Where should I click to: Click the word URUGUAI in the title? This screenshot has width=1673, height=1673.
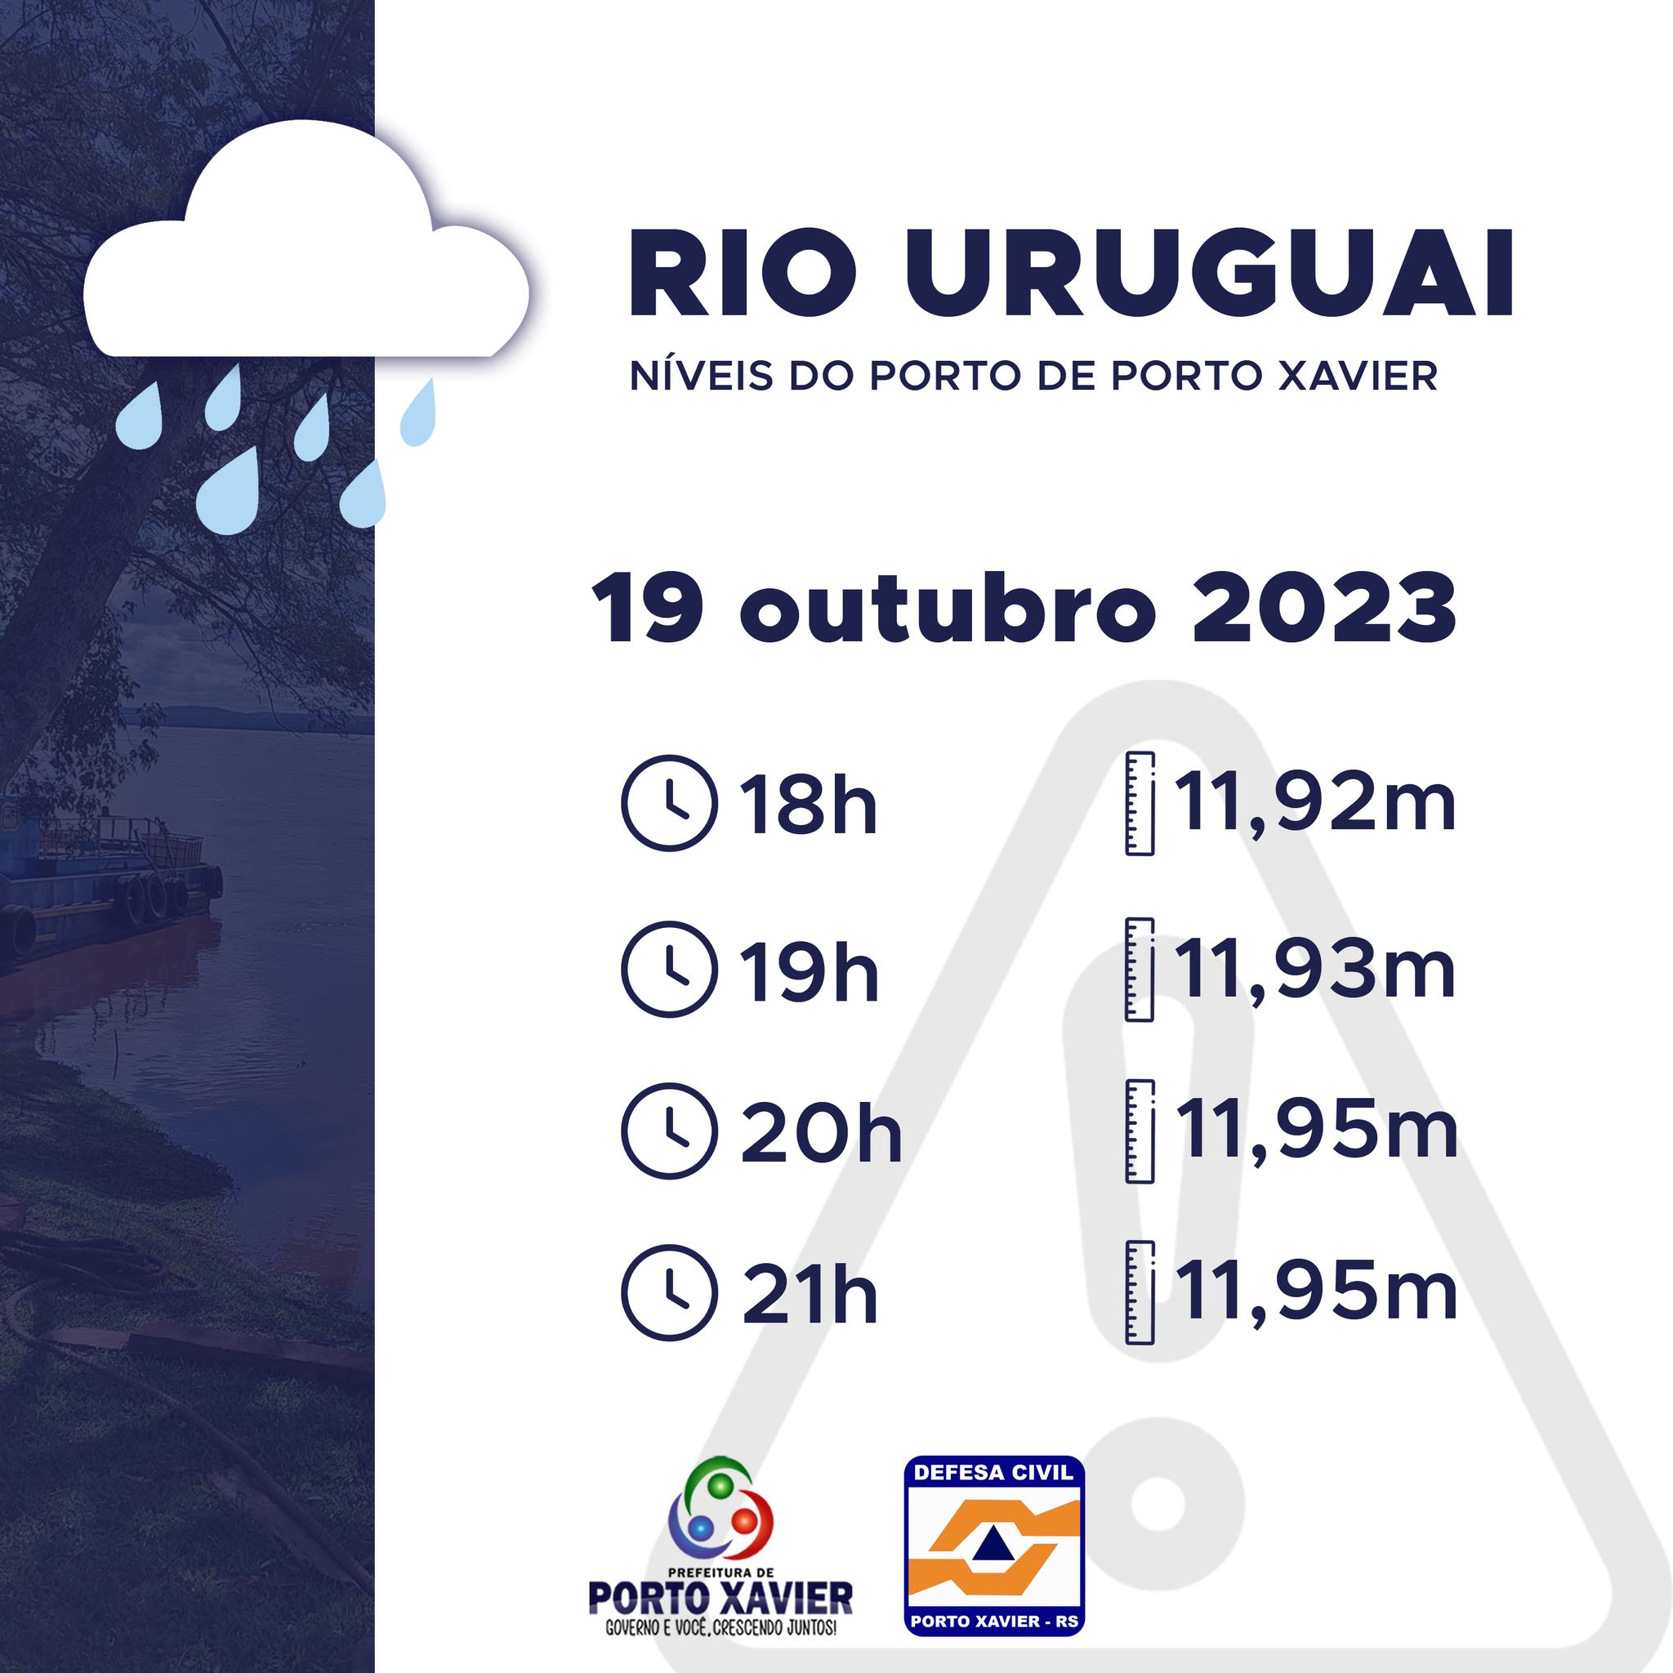tap(1210, 274)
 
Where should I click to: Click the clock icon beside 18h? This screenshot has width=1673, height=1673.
tap(669, 803)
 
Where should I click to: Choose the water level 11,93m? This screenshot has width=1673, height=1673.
tap(1314, 970)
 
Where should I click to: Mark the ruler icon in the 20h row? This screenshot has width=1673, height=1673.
tap(1140, 1131)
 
